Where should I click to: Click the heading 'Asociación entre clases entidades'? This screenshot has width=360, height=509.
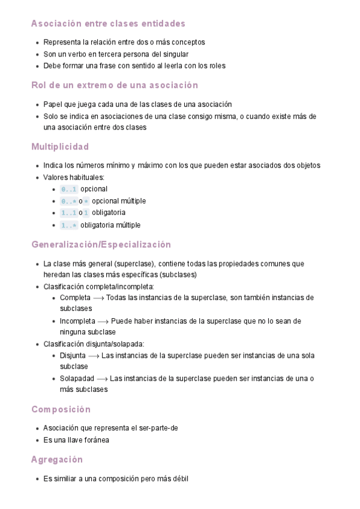tap(108, 23)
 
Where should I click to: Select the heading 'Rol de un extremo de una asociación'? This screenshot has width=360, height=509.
tap(114, 85)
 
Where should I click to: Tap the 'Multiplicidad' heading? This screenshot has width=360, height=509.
tap(60, 146)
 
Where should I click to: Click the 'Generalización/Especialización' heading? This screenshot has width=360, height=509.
tap(101, 244)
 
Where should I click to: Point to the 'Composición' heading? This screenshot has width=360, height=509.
tap(61, 409)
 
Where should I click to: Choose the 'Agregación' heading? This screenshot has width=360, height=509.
tap(56, 459)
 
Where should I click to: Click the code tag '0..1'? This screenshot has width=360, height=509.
tap(68, 190)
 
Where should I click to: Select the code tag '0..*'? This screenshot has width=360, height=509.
tap(68, 201)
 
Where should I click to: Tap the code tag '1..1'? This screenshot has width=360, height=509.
tap(68, 213)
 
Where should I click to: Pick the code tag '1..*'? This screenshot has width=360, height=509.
tap(68, 225)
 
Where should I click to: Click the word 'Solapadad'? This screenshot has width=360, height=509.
tap(77, 378)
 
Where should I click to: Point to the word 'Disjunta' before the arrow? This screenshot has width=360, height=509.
tap(73, 355)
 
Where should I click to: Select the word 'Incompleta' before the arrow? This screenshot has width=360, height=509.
tap(77, 321)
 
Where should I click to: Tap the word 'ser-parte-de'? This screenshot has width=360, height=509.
tap(159, 428)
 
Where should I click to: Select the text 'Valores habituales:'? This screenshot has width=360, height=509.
tap(74, 177)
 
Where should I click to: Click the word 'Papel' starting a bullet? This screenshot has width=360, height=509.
tap(53, 104)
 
